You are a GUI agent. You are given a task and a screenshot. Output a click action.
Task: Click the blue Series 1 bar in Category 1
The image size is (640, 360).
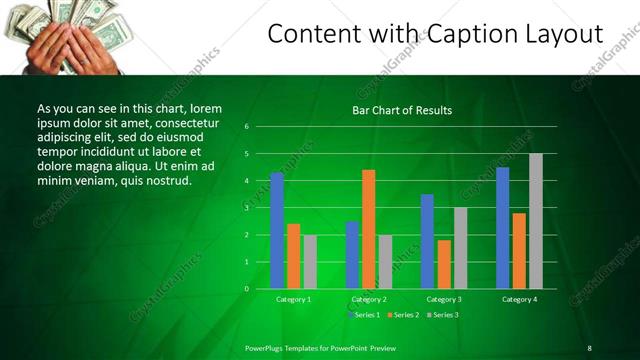point(277,230)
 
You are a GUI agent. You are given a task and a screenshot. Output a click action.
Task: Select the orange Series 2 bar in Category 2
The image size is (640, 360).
point(368,229)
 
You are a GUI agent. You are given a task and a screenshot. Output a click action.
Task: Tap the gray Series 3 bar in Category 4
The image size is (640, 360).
point(536,221)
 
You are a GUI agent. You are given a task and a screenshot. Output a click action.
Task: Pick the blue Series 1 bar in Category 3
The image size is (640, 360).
point(427,241)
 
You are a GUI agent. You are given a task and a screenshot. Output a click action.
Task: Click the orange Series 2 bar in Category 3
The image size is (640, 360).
point(444,264)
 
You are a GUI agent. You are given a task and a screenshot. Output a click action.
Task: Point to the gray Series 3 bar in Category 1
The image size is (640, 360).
point(310,262)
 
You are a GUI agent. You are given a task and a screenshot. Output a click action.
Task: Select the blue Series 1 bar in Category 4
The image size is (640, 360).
point(502,228)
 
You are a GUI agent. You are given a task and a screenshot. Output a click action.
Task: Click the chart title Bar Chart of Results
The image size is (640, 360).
point(402,110)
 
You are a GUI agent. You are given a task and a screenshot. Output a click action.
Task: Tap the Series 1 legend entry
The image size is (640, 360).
point(363,315)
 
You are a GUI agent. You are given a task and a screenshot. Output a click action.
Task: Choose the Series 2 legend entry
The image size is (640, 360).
point(402,315)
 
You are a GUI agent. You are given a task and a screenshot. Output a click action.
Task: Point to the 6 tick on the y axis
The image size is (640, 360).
point(246,127)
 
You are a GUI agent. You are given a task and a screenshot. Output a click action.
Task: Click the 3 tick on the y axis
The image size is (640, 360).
point(246,208)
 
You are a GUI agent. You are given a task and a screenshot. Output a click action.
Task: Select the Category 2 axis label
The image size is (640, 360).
point(368,299)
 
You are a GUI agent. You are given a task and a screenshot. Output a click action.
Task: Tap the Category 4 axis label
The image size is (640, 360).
point(519,299)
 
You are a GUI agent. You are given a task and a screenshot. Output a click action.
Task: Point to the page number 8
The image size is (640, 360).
point(589,347)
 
